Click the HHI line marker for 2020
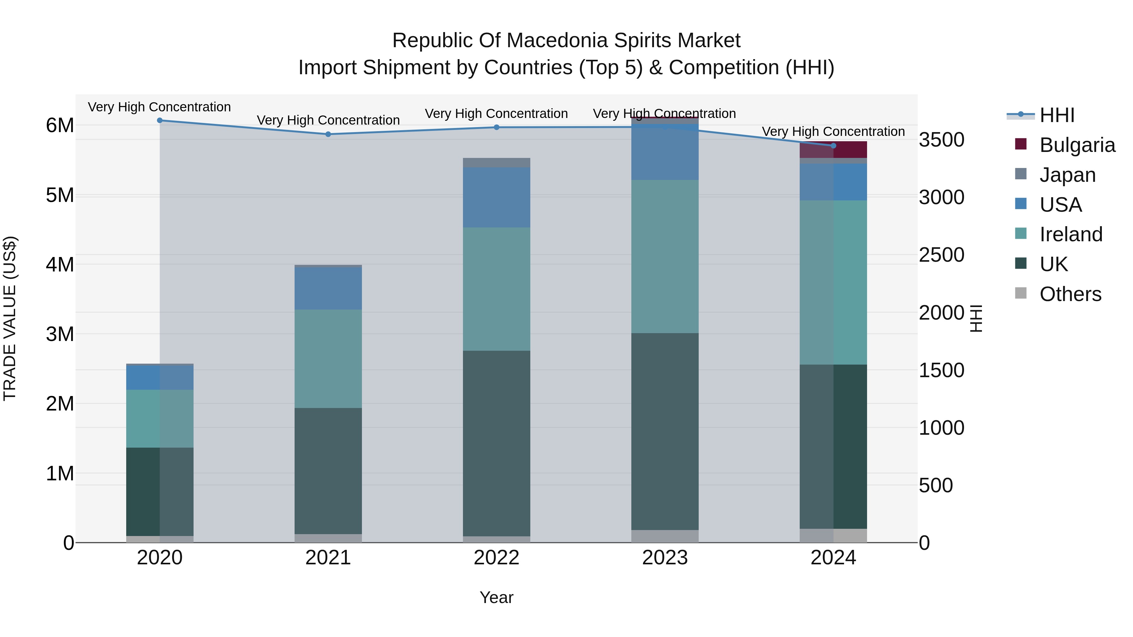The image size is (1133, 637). click(x=160, y=120)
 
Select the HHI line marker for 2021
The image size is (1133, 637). click(x=328, y=134)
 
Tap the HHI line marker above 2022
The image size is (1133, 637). click(x=497, y=127)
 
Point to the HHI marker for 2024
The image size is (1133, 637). click(x=833, y=146)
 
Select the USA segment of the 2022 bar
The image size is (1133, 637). click(x=497, y=197)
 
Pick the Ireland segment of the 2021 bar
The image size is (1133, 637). click(x=328, y=359)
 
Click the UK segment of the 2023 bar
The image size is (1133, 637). click(x=665, y=431)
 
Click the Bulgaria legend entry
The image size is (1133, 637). click(x=1077, y=145)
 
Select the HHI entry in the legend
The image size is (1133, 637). click(x=1057, y=115)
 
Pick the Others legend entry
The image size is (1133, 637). click(x=1070, y=294)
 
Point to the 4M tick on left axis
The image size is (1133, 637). click(x=60, y=265)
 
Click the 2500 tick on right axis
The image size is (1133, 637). click(x=941, y=255)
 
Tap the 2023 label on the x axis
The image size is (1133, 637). click(x=665, y=558)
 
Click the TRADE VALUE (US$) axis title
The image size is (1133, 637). click(x=10, y=318)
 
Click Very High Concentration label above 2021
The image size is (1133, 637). click(x=328, y=120)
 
